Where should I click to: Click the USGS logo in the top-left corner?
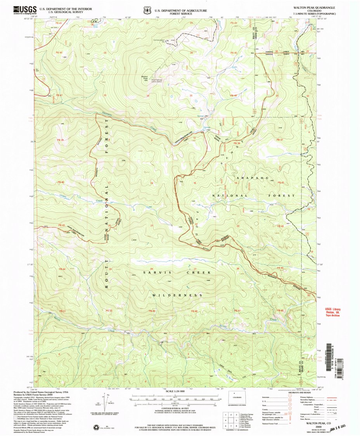click(25, 10)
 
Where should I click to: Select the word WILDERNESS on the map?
click(177, 295)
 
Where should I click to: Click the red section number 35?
click(191, 95)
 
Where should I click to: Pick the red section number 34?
click(148, 95)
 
